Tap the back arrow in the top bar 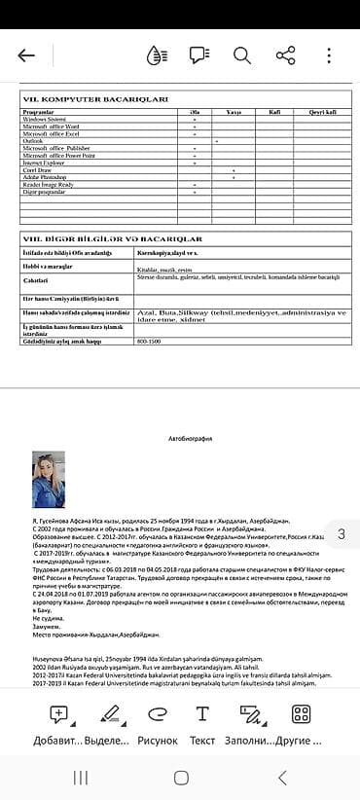click(x=26, y=55)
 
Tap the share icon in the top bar click(x=285, y=55)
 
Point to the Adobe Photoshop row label click(x=44, y=176)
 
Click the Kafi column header click(x=273, y=112)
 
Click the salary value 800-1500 click(x=149, y=342)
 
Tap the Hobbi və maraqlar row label click(x=48, y=265)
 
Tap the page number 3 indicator click(x=341, y=533)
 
